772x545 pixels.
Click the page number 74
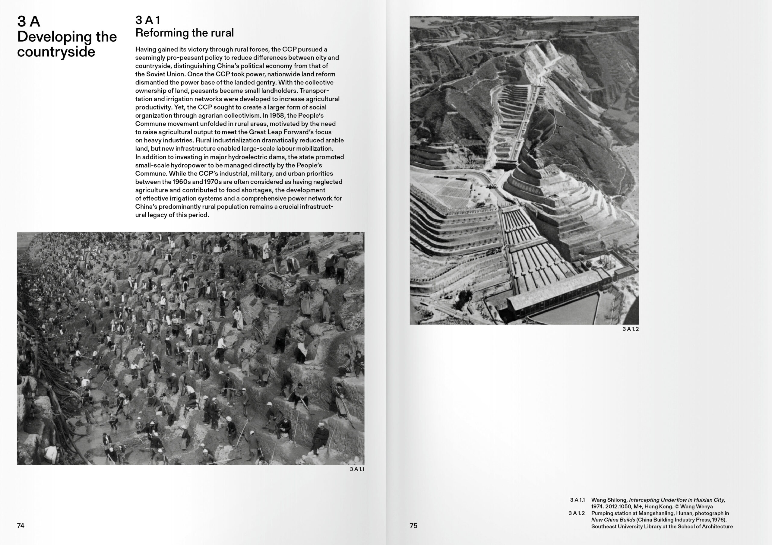[x=21, y=526]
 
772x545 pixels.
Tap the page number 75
[x=413, y=526]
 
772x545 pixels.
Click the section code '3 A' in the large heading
[x=29, y=22]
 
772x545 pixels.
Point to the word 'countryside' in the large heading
[x=56, y=52]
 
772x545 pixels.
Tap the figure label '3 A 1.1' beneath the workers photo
[x=357, y=469]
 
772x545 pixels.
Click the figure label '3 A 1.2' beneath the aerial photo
[x=631, y=329]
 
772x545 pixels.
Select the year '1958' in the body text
[x=277, y=116]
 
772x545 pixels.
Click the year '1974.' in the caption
[x=597, y=507]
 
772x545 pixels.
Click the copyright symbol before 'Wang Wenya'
[x=676, y=507]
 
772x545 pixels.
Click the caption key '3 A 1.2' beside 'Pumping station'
[x=576, y=513]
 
